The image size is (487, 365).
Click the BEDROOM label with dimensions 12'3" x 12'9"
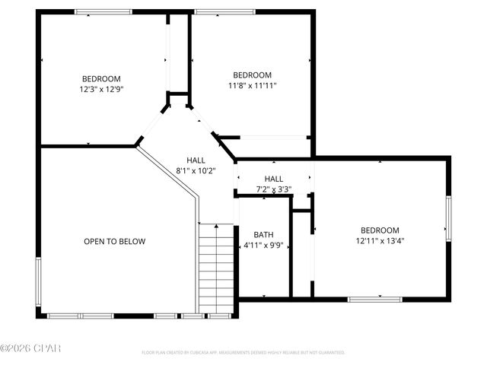101,79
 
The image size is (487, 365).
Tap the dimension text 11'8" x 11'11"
252,86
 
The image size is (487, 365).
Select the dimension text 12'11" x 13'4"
380,242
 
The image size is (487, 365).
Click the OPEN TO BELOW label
114,242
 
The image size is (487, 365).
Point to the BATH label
263,234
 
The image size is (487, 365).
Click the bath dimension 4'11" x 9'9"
263,246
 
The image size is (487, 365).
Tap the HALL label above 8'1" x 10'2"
196,160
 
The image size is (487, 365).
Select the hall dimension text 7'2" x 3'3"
274,189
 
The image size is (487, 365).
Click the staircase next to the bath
216,266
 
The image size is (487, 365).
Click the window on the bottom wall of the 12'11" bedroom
374,299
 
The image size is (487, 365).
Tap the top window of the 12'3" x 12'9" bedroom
103,11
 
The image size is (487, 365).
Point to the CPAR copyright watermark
30,348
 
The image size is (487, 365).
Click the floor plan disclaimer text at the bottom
243,353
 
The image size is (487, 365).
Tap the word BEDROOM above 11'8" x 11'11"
252,75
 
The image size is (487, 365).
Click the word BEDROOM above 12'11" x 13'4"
380,230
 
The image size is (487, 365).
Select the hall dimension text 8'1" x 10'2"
196,172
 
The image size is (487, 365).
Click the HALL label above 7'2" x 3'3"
274,179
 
